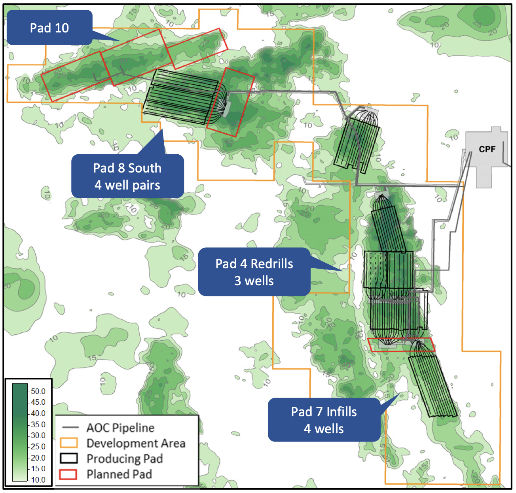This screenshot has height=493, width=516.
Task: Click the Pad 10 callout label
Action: pos(49,28)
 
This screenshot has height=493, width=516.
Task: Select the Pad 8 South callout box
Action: pos(127,176)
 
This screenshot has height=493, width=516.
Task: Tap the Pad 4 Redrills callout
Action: pos(254,272)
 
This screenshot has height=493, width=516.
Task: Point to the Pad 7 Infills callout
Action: pos(324,420)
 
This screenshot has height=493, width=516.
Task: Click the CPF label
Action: pos(487,149)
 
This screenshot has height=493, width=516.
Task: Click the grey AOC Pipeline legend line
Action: pos(70,428)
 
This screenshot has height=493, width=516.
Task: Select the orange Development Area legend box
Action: pos(68,443)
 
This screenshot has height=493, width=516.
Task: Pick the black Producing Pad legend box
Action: pos(68,459)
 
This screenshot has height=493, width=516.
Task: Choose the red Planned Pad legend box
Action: pos(68,474)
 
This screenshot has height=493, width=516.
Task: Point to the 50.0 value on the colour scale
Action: pos(38,391)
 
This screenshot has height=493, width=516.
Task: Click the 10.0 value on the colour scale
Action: pos(38,480)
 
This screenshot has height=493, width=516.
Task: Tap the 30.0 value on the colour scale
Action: pos(38,436)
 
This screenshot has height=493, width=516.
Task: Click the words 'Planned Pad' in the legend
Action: pos(119,474)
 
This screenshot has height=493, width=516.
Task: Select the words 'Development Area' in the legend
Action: pos(136,443)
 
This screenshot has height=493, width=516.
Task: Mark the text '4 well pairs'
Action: pos(127,185)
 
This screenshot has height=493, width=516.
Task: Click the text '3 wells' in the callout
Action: pos(254,281)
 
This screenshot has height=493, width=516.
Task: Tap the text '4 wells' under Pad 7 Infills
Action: pos(324,429)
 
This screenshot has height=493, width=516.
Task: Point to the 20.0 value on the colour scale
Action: pos(38,458)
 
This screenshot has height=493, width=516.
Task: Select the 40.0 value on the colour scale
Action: pos(38,413)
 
